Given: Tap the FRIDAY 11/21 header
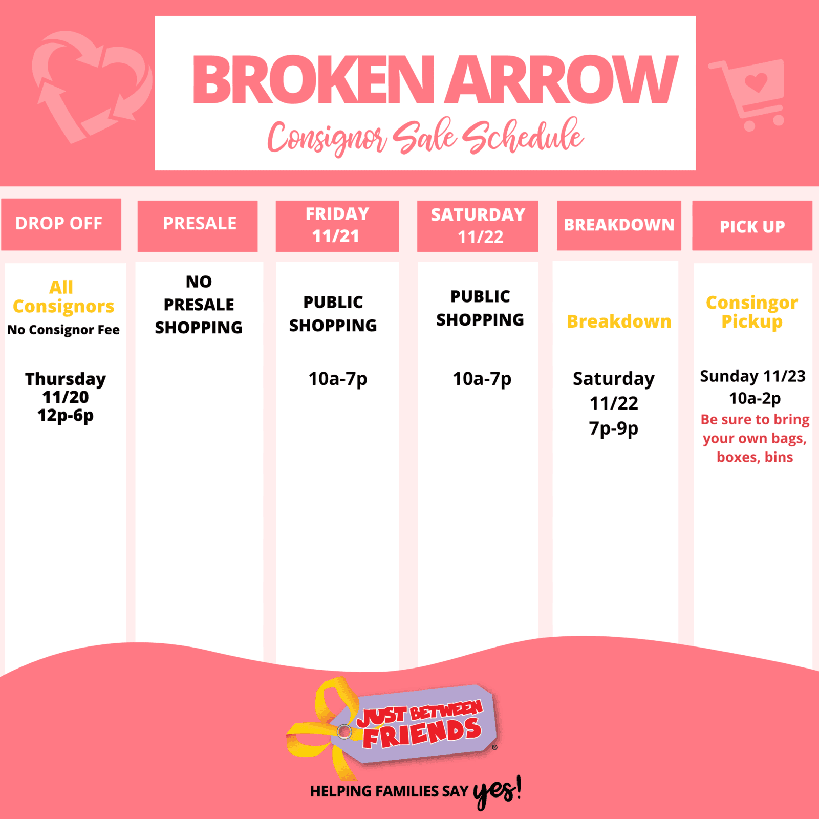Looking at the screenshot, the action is [x=337, y=226].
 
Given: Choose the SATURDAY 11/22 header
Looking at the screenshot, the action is [x=478, y=226].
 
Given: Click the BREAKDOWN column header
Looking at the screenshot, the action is [x=619, y=225].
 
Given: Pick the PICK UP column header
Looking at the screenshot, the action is [x=752, y=225].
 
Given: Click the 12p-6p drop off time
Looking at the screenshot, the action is [x=66, y=416].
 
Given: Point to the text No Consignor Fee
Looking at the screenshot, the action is [x=63, y=330].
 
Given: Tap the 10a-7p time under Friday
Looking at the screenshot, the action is [x=338, y=379].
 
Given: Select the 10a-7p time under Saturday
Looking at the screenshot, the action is [x=482, y=379].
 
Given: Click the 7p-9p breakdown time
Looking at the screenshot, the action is [x=614, y=428].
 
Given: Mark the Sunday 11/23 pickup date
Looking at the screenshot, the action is [x=752, y=376].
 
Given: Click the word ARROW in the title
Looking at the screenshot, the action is [x=562, y=80].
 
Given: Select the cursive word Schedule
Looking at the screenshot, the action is [x=523, y=137].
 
